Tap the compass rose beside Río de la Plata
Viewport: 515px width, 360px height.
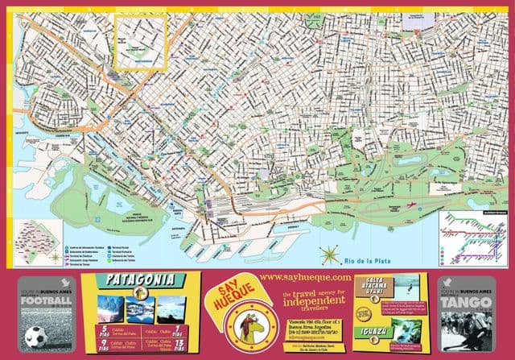coord(330,256)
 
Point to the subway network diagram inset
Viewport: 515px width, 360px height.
coord(472,238)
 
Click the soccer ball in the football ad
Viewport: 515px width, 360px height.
coord(35,336)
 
